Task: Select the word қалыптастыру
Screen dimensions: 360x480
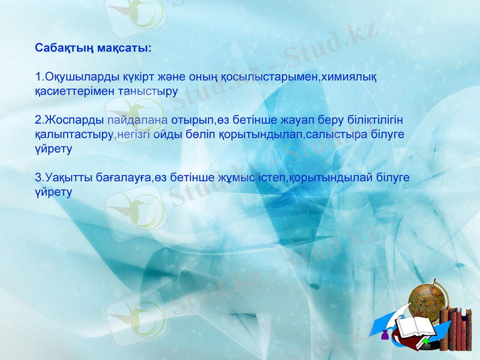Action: click(74, 135)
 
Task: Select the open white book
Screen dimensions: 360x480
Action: click(415, 327)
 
